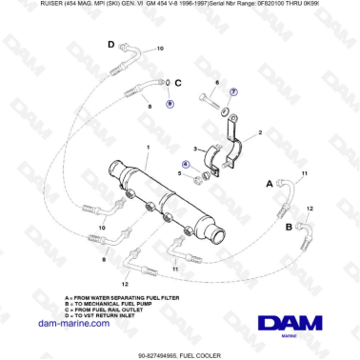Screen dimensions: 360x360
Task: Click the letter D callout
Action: tap(110, 45)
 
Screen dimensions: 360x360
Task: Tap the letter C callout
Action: tap(177, 84)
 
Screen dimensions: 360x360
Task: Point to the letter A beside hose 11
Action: tap(270, 182)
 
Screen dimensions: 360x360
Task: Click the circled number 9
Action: tap(170, 101)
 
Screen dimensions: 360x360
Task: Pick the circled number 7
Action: tap(234, 91)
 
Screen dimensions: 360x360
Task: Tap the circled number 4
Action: tap(185, 164)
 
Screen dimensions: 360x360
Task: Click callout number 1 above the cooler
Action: tap(149, 147)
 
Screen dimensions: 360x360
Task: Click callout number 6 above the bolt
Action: tap(217, 84)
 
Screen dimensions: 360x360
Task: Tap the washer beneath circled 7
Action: tap(227, 110)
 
